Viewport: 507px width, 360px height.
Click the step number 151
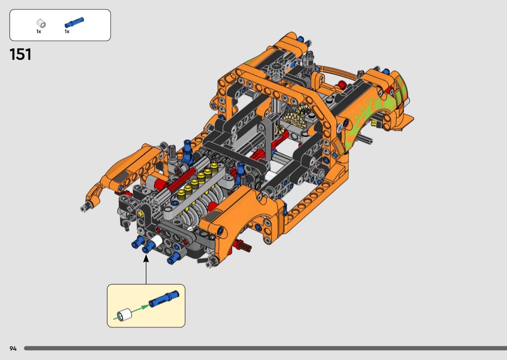tap(20, 55)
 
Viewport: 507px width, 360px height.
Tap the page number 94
tap(13, 348)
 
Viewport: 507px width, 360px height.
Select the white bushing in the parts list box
tap(41, 24)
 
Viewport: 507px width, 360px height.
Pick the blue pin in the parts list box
tap(74, 23)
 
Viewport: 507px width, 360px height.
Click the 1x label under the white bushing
tap(39, 32)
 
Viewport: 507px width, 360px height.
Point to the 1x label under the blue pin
tap(67, 32)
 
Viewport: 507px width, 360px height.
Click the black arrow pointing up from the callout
tap(146, 269)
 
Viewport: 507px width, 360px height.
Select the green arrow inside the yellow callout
tap(131, 312)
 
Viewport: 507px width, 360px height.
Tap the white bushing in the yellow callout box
tap(125, 315)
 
